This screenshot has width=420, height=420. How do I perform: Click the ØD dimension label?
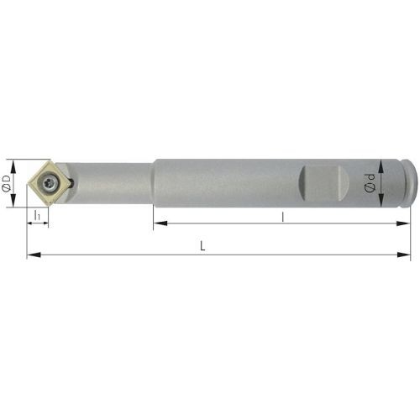(6, 183)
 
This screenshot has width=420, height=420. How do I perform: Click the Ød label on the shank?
(370, 183)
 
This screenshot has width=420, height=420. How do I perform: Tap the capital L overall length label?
(202, 246)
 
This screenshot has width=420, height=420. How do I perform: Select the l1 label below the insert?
(37, 215)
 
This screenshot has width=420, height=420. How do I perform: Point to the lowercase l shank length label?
(283, 217)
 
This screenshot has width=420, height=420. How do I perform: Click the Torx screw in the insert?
(50, 183)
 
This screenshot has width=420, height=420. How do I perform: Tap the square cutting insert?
(50, 182)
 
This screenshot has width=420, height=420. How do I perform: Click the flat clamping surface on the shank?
(324, 183)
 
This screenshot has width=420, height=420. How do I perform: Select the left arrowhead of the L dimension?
(34, 255)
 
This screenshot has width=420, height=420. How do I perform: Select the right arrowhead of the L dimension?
(404, 255)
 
